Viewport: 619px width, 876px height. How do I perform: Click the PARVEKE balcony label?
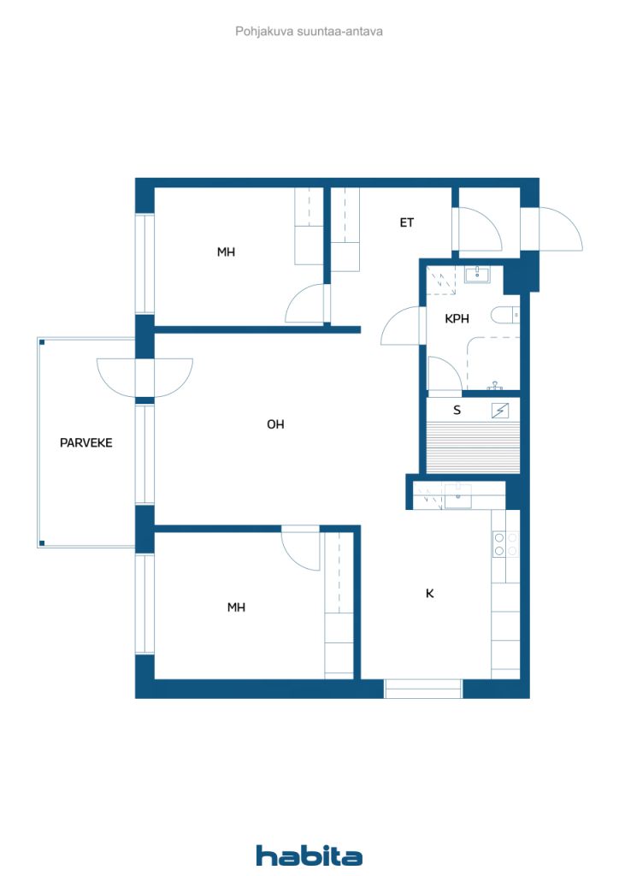point(86,442)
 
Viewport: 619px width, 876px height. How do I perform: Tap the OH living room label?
point(275,424)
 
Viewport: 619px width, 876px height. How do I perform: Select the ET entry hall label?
point(406,222)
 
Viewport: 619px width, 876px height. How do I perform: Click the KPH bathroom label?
point(457,318)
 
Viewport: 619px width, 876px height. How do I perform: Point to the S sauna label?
point(457,410)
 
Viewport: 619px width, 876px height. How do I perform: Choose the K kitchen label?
point(429,594)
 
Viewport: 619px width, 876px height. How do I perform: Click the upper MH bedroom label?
point(226,252)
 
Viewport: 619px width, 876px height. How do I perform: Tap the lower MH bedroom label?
point(236,607)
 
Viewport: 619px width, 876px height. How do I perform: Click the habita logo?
point(309,855)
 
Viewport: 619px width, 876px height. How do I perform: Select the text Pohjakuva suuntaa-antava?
point(309,32)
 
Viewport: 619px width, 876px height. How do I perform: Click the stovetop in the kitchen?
point(505,544)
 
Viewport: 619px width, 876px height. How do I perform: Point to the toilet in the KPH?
point(505,315)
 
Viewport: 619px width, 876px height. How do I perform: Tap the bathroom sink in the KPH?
point(477,275)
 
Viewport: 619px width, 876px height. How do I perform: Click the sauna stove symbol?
point(500,411)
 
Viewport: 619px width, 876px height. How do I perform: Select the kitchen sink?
point(457,496)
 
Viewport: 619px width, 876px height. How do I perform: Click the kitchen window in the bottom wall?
point(424,689)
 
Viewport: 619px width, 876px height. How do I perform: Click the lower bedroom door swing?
point(300,548)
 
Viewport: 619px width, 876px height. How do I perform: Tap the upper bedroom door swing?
point(304,303)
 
